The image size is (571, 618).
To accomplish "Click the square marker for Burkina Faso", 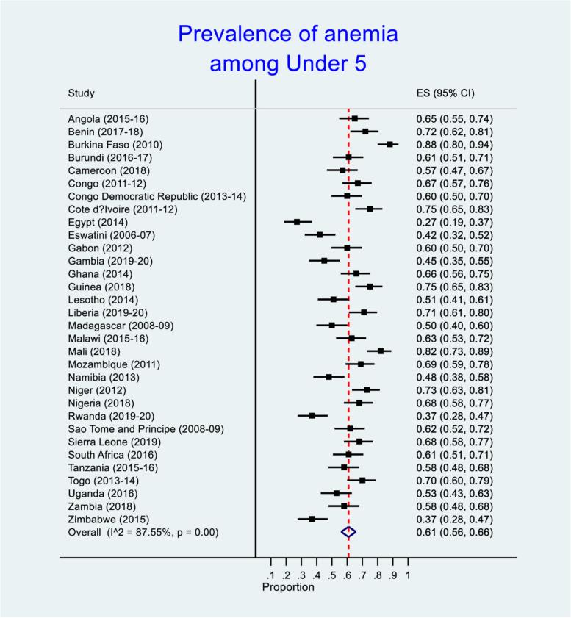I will tap(390, 145).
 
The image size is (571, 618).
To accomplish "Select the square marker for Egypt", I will tap(297, 221).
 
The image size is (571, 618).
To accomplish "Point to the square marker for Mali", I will tap(381, 351).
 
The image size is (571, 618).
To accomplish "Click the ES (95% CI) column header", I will tap(445, 93).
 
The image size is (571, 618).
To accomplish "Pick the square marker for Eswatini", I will tap(320, 234).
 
